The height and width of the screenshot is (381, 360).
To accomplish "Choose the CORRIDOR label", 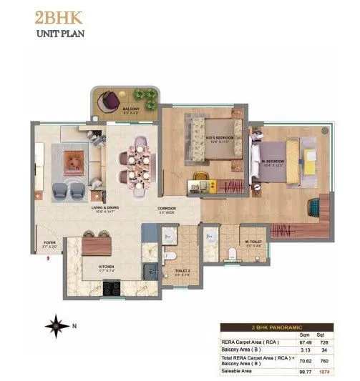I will click(167, 209).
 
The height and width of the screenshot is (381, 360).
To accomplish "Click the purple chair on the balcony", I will click(110, 101).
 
